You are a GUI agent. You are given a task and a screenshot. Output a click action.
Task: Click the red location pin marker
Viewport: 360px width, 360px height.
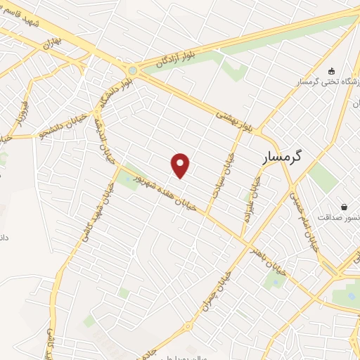(181, 165)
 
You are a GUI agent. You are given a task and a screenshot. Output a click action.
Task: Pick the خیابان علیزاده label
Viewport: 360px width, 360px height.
(252, 199)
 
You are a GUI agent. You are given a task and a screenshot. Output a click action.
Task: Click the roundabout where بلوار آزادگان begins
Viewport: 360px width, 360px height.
(132, 70)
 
